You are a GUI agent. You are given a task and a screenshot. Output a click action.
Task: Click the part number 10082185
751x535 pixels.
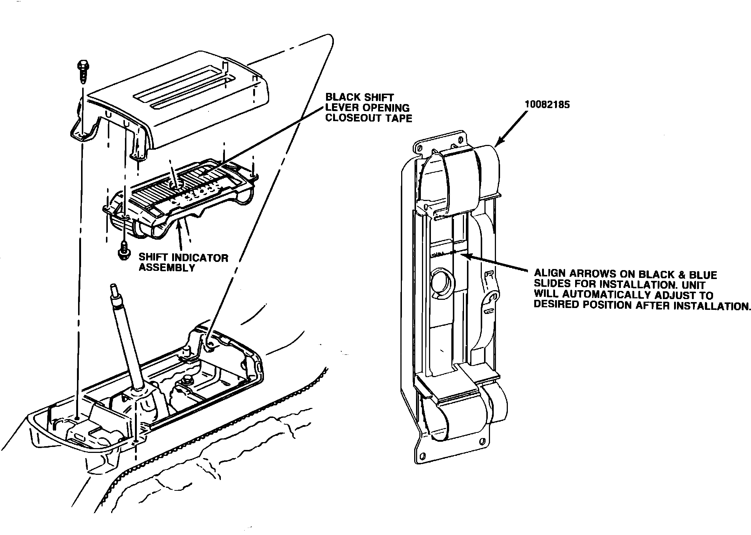click(547, 105)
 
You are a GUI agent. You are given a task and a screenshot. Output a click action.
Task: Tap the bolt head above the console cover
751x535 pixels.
click(82, 67)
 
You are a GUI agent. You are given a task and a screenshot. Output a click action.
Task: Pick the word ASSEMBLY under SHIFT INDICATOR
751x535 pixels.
click(167, 267)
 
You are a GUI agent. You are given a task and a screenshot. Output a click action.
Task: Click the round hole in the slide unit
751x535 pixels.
click(441, 284)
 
